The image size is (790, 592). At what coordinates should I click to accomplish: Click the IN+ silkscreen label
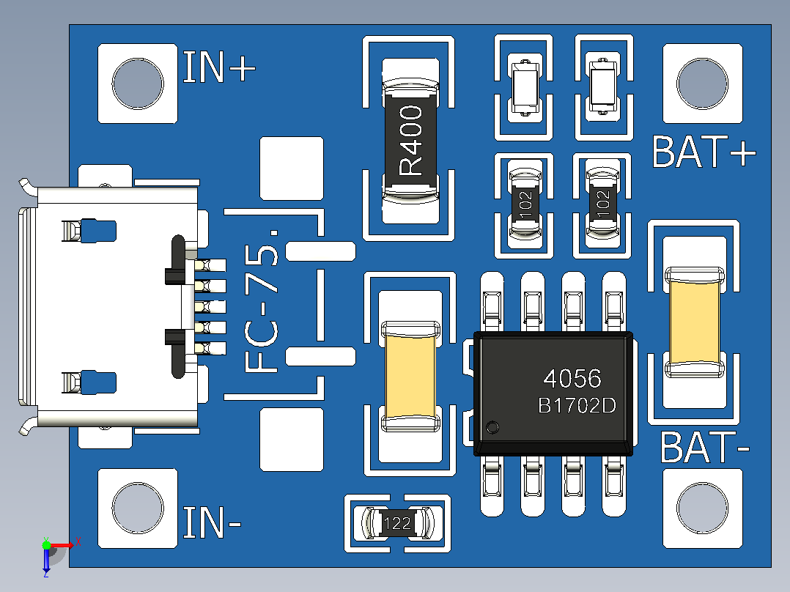pos(219,67)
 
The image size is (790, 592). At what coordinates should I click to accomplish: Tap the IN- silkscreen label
pos(212,522)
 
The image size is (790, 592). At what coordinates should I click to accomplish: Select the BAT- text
pos(705,447)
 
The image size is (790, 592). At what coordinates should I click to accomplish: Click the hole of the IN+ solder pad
pos(138,84)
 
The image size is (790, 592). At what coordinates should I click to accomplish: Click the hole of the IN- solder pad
pos(138,508)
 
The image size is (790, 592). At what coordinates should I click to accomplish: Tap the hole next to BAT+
pos(702,84)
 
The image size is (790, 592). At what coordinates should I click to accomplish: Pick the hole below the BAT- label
pos(702,508)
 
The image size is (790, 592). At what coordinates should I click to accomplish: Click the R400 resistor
pos(410,141)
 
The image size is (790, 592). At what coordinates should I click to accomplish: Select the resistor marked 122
pos(397,522)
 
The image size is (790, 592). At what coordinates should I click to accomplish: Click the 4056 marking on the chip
pos(572,378)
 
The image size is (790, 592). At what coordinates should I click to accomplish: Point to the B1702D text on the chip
pos(577,406)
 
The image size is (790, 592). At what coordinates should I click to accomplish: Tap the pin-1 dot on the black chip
pos(492,427)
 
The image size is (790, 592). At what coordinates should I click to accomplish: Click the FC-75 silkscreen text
pos(261,301)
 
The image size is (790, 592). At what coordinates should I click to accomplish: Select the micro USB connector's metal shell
pos(108,307)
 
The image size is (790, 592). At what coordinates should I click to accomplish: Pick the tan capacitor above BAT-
pos(694,322)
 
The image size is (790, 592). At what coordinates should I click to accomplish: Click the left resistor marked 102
pos(525,204)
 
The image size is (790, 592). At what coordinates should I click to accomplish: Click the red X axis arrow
pos(64,545)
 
